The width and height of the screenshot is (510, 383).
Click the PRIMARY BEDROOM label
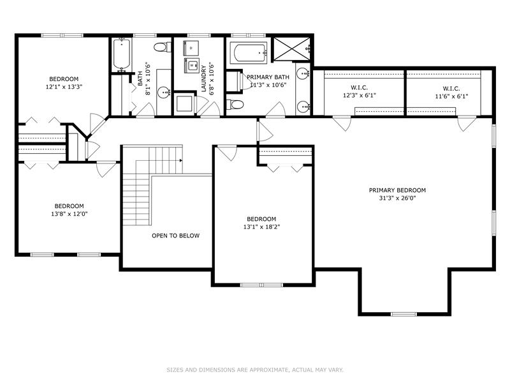[397, 190]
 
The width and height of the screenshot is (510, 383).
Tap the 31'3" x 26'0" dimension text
[397, 198]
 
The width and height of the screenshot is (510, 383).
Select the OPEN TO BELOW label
[176, 236]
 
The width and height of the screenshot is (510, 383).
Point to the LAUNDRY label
[203, 79]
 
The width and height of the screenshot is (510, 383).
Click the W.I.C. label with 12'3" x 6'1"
[359, 87]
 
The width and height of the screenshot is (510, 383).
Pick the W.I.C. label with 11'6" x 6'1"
[451, 89]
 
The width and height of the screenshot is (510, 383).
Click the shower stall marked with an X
[291, 49]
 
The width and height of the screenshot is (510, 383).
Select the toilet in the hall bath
[163, 47]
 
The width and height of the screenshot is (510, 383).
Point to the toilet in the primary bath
[235, 105]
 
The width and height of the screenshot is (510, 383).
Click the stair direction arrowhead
[180, 161]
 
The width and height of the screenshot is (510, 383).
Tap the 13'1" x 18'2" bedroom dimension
[261, 227]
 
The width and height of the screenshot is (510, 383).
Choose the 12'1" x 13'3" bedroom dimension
[64, 87]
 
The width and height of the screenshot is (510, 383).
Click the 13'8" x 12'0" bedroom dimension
[69, 214]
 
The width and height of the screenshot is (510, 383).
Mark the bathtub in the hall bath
[122, 54]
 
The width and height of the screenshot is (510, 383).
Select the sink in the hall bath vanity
[164, 93]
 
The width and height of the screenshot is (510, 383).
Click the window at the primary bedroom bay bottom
[404, 314]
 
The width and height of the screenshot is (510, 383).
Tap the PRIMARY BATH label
[268, 77]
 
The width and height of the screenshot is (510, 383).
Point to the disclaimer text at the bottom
[255, 370]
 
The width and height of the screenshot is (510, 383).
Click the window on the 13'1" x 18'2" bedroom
[262, 285]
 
